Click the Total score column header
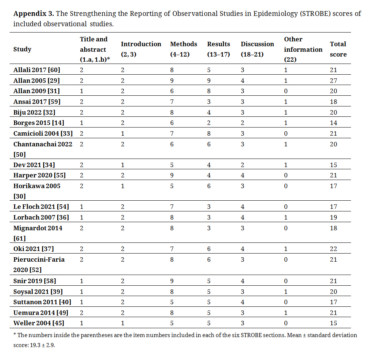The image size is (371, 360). [x=338, y=49]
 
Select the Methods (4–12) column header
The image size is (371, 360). [x=183, y=49]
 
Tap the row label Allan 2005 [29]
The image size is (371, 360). [x=37, y=80]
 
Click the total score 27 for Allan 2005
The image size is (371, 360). [x=334, y=80]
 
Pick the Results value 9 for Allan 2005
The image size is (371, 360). [x=209, y=80]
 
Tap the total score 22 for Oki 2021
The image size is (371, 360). [x=334, y=249]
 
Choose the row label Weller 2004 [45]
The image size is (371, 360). [x=38, y=323]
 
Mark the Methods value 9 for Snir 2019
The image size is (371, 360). [x=172, y=281]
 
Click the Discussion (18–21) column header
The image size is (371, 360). [x=257, y=49]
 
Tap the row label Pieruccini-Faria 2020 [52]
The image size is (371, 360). [x=39, y=264]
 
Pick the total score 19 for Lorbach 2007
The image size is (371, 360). [x=334, y=217]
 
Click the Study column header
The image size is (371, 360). [x=22, y=49]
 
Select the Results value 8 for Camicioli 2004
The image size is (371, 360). [x=209, y=133]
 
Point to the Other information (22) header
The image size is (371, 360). [x=303, y=49]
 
